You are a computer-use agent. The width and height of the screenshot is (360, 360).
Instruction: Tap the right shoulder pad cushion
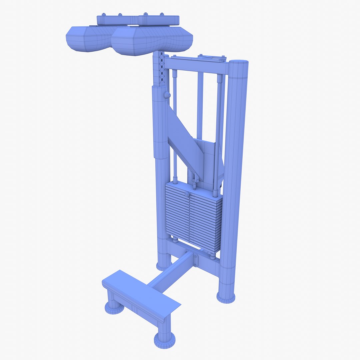[x=152, y=41]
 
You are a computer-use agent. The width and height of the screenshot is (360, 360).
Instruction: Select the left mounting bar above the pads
[x=117, y=20]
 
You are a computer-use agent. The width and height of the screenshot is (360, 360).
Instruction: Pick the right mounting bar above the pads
[x=159, y=20]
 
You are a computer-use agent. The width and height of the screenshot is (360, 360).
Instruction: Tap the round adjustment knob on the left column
[x=167, y=95]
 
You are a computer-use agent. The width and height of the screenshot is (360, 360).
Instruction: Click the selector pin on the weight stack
[x=187, y=194]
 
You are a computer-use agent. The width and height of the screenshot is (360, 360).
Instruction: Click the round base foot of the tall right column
[x=226, y=297]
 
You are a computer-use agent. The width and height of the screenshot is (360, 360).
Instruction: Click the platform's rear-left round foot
[x=114, y=308]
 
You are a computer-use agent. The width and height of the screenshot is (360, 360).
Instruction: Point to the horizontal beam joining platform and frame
[x=170, y=272]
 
